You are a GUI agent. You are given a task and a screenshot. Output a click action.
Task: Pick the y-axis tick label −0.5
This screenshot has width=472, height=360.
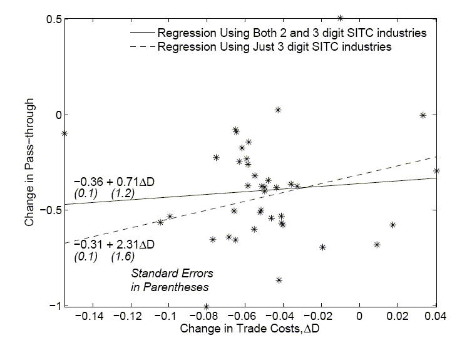(x=50, y=210)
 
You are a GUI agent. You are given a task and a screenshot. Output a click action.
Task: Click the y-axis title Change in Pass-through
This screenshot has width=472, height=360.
(x=29, y=163)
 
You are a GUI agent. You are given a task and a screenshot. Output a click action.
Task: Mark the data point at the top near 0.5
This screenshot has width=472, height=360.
(x=340, y=18)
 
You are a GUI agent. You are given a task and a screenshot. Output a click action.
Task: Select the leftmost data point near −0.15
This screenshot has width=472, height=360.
(x=64, y=133)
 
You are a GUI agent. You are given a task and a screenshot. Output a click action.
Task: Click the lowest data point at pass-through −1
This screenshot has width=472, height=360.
(x=206, y=306)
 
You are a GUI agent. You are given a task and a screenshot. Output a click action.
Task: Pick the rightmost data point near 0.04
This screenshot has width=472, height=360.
(x=436, y=171)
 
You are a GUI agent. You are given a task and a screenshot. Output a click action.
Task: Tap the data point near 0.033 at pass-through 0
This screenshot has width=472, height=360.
(x=423, y=115)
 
